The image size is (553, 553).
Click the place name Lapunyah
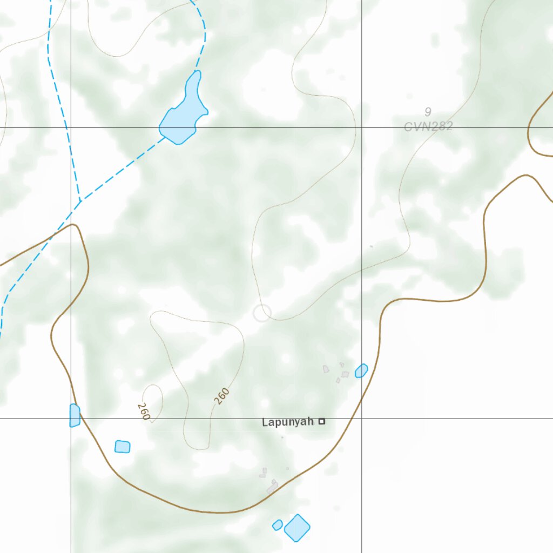point(287,422)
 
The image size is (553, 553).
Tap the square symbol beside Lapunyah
point(322,421)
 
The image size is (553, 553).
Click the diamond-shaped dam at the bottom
point(297,528)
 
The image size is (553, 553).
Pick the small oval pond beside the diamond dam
point(278,524)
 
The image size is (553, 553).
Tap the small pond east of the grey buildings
point(361,370)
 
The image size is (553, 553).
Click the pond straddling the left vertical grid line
point(75,415)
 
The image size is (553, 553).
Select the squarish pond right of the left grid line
point(123,447)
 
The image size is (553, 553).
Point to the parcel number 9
point(428,112)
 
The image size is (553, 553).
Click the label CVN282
point(428,127)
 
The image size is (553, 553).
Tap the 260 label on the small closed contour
point(144,412)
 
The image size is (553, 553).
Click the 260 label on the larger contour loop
point(221,396)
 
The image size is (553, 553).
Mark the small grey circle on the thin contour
point(262,312)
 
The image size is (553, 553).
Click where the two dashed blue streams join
point(80,202)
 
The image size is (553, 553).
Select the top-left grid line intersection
point(71,128)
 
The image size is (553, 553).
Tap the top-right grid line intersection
point(361,128)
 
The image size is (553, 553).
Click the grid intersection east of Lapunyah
point(361,418)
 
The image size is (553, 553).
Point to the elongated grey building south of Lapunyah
point(272,488)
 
